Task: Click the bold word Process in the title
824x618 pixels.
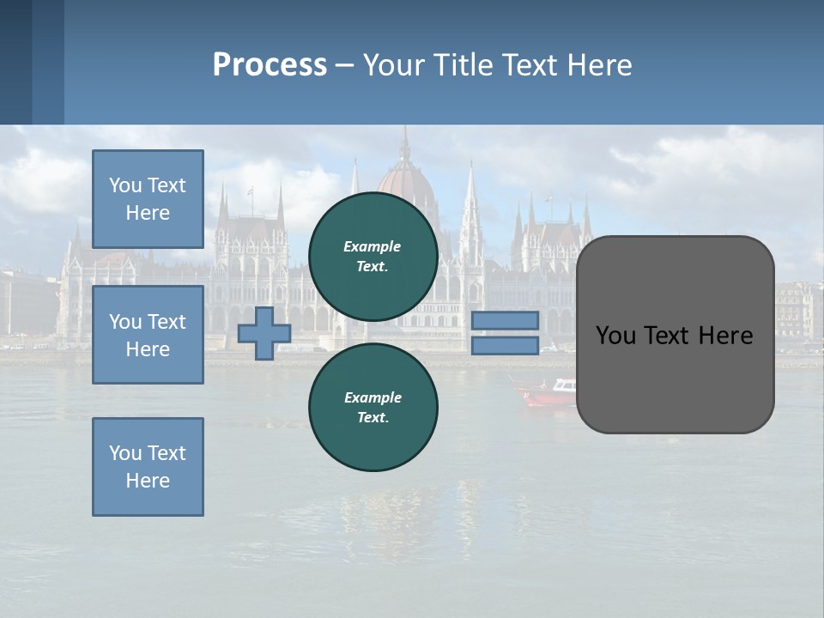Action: click(x=270, y=65)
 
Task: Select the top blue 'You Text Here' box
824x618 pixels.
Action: click(x=148, y=199)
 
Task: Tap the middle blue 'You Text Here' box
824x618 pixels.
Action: click(x=148, y=335)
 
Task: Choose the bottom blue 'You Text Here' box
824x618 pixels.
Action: click(x=148, y=467)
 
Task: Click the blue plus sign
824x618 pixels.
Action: click(x=264, y=334)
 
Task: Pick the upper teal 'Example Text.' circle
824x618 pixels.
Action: click(x=373, y=257)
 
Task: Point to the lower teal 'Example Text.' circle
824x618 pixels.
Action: click(x=373, y=408)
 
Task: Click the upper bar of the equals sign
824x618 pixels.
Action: click(x=505, y=320)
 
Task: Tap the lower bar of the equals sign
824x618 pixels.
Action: click(x=505, y=345)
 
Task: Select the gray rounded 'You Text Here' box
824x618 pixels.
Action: click(x=675, y=335)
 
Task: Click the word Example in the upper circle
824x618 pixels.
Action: click(x=373, y=247)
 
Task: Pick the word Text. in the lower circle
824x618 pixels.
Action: click(x=373, y=418)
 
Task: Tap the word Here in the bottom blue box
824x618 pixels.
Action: click(x=148, y=481)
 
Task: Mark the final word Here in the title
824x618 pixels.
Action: click(x=600, y=65)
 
